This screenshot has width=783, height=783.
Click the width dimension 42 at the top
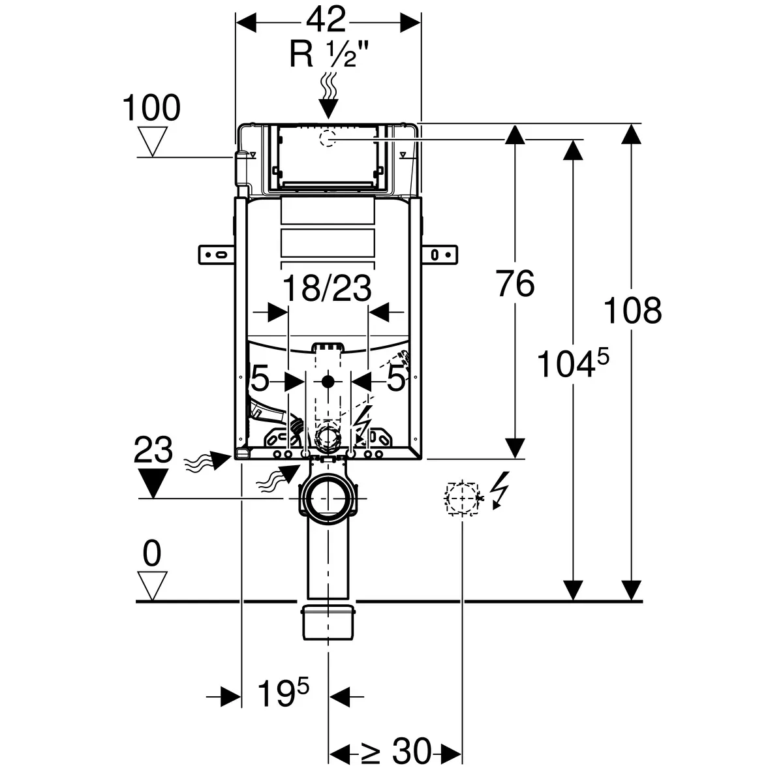(x=326, y=22)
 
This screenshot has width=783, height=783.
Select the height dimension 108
(x=632, y=310)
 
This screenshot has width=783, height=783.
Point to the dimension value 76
(x=515, y=283)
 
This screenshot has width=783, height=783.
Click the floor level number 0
(x=151, y=554)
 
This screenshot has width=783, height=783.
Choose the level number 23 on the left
(x=153, y=450)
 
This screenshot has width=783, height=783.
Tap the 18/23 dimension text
(x=328, y=288)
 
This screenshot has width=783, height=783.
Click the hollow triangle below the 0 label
(x=153, y=585)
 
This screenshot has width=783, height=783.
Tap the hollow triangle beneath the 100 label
(x=154, y=142)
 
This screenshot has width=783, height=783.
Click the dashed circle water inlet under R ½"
(x=328, y=138)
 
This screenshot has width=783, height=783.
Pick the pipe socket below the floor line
(x=328, y=623)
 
